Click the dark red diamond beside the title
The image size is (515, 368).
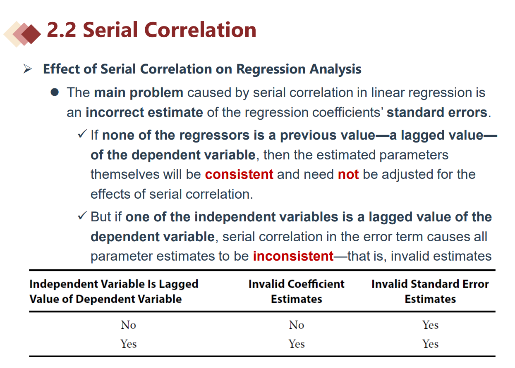point(31,34)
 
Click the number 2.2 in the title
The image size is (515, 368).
point(61,30)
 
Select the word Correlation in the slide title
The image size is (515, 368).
point(200,30)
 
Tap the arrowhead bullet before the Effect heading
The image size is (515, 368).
point(28,69)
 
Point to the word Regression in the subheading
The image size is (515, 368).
point(271,69)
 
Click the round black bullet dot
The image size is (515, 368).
point(55,92)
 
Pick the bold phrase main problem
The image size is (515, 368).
point(139,93)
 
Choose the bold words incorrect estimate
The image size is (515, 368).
point(144,112)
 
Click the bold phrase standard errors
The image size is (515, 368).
point(437,112)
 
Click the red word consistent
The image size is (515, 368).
point(239,174)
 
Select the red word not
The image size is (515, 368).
point(348,174)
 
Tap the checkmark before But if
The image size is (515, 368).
point(82,216)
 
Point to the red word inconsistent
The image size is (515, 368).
point(293,256)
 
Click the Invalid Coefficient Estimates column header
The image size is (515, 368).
point(296,292)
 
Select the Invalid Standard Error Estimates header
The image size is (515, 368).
point(430,292)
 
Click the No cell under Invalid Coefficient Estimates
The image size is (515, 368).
point(297,325)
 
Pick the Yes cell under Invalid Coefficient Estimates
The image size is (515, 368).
point(297,344)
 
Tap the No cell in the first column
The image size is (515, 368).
point(129,325)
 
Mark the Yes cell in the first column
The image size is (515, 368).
point(129,344)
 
